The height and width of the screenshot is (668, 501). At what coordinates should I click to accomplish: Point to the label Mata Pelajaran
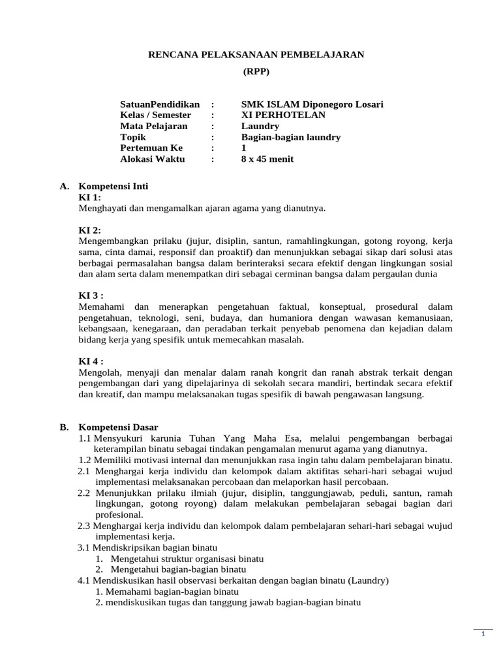coord(154,126)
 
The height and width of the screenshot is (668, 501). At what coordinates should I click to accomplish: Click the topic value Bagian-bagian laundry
coord(291,137)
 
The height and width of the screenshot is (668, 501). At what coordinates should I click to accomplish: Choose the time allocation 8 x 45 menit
coord(267,159)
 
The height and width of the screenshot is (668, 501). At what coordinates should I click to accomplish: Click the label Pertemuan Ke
coord(152,148)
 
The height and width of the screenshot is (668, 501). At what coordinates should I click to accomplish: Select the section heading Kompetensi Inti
coord(114,186)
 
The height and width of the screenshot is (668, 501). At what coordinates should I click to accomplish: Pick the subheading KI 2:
coord(89,230)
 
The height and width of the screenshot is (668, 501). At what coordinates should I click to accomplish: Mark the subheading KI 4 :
coord(91,361)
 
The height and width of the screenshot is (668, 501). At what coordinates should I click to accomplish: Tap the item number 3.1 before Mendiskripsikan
coord(84,547)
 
